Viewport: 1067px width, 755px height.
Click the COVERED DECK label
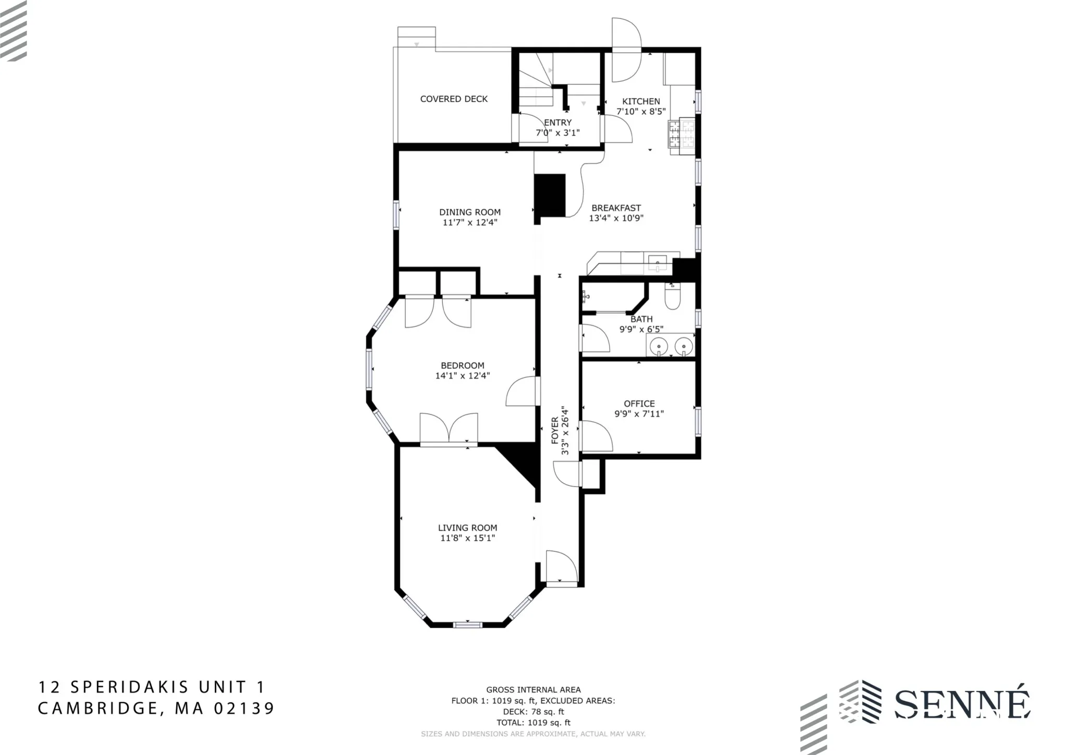point(454,99)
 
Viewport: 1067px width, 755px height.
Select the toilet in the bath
point(672,298)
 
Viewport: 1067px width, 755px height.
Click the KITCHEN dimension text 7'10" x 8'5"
point(641,112)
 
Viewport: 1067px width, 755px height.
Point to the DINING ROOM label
point(469,212)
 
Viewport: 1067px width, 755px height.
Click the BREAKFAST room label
point(616,208)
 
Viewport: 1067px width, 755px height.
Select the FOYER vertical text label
point(555,430)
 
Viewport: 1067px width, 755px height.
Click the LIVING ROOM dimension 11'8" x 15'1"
point(467,538)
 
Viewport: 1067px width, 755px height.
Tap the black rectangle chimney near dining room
point(550,195)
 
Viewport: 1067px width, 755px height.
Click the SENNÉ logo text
point(962,705)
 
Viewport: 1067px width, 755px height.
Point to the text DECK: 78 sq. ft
point(533,712)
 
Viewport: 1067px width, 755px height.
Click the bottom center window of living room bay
point(467,624)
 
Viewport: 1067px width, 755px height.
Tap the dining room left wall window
point(396,214)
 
